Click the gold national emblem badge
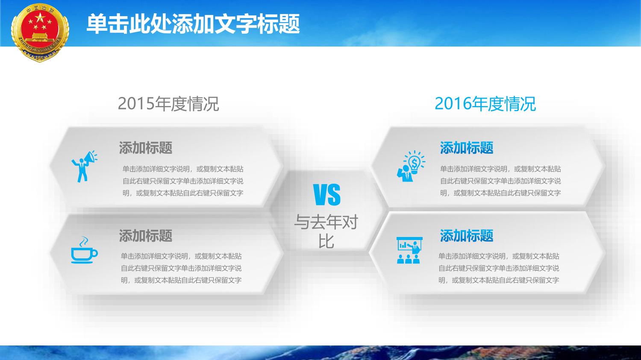[40, 32]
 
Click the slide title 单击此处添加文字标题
[193, 24]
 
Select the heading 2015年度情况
[168, 103]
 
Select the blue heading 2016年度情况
[485, 103]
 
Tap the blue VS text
[327, 195]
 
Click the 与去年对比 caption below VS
[326, 231]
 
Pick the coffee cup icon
[84, 250]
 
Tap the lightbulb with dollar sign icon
[411, 166]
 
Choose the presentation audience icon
[409, 250]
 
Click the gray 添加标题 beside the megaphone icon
[146, 148]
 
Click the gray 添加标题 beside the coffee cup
[146, 236]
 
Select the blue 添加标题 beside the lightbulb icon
[467, 148]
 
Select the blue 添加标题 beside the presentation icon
[467, 236]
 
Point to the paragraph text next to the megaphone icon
[183, 181]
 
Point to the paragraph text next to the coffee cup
[181, 268]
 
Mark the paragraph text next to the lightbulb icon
[500, 181]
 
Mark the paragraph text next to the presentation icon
[499, 268]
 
